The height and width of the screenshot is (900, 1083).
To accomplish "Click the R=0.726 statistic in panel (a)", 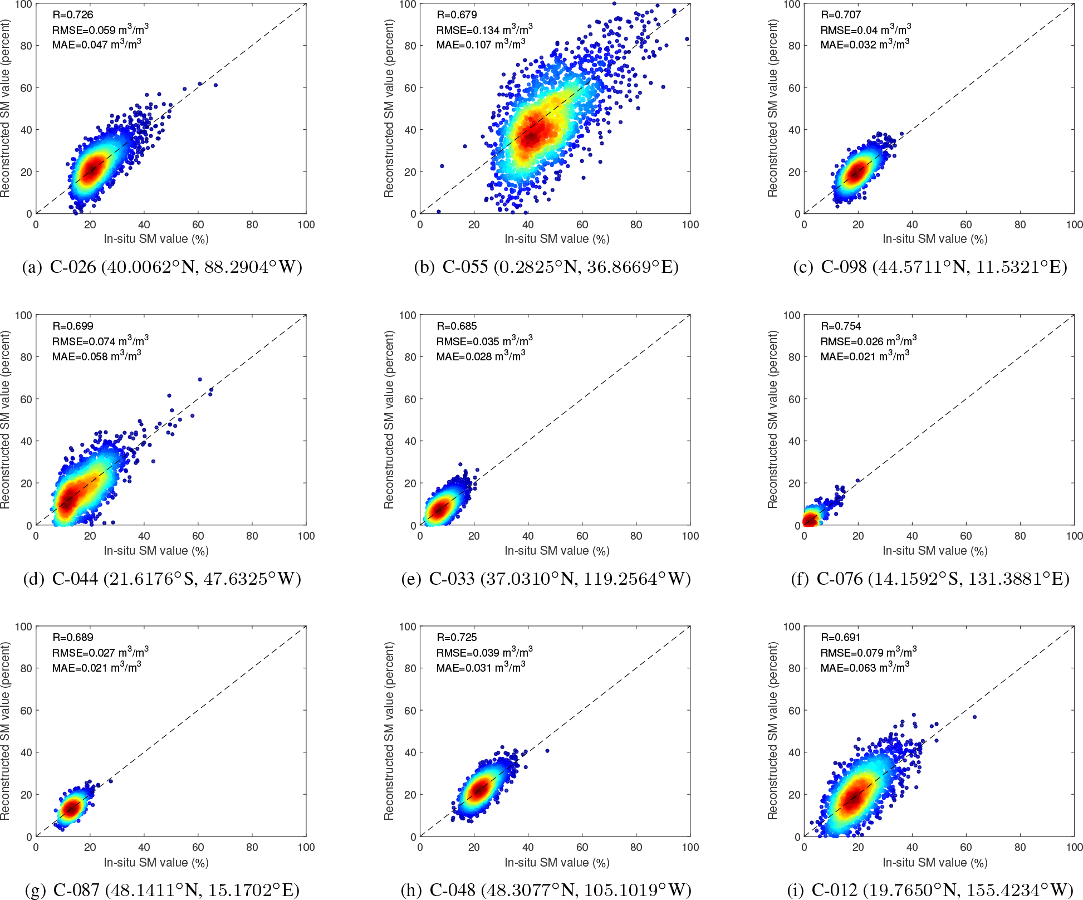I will [x=72, y=14].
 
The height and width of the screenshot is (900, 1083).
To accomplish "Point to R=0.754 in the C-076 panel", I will [x=841, y=326].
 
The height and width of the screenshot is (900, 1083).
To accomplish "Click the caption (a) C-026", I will [x=162, y=267].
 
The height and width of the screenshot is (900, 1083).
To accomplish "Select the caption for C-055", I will [x=546, y=267].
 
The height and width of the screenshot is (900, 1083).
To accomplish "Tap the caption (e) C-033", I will [x=546, y=579].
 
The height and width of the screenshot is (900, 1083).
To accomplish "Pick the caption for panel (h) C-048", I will [x=546, y=890].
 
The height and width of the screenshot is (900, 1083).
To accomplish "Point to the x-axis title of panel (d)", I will [x=156, y=551].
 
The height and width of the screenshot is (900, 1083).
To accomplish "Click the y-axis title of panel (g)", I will [x=6, y=731].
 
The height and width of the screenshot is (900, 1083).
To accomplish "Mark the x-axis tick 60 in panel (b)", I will [x=582, y=224].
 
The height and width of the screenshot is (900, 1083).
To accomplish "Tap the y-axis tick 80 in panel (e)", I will [x=410, y=357].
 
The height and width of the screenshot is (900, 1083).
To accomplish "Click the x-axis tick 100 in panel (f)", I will [x=1074, y=536].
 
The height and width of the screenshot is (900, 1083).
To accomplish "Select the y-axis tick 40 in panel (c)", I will [x=794, y=130].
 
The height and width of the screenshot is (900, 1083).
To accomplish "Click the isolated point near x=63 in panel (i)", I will [x=974, y=717].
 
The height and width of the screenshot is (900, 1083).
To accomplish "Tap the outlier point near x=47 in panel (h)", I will [x=547, y=751].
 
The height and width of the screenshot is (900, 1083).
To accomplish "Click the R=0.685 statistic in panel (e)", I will [x=457, y=326].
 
